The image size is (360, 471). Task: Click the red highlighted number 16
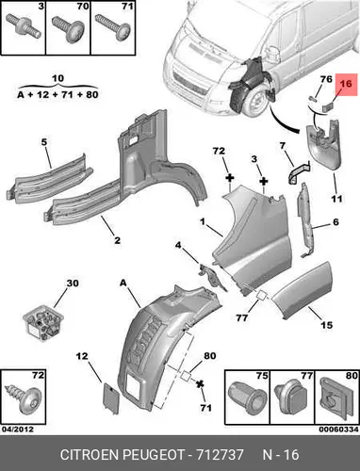click(346, 84)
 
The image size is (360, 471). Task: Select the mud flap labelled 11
click(323, 144)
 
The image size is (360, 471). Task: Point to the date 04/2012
click(18, 430)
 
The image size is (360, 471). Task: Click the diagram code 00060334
click(338, 430)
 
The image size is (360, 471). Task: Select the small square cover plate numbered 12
click(111, 398)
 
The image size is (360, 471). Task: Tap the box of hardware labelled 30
click(43, 322)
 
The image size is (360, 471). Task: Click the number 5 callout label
click(44, 142)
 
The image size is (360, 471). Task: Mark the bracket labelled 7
click(298, 173)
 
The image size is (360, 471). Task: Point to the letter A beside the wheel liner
click(123, 283)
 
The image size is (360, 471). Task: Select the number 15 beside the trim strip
click(326, 325)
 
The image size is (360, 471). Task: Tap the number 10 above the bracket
click(57, 78)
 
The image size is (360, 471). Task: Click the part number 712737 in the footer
click(220, 454)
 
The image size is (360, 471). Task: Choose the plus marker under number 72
click(230, 178)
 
